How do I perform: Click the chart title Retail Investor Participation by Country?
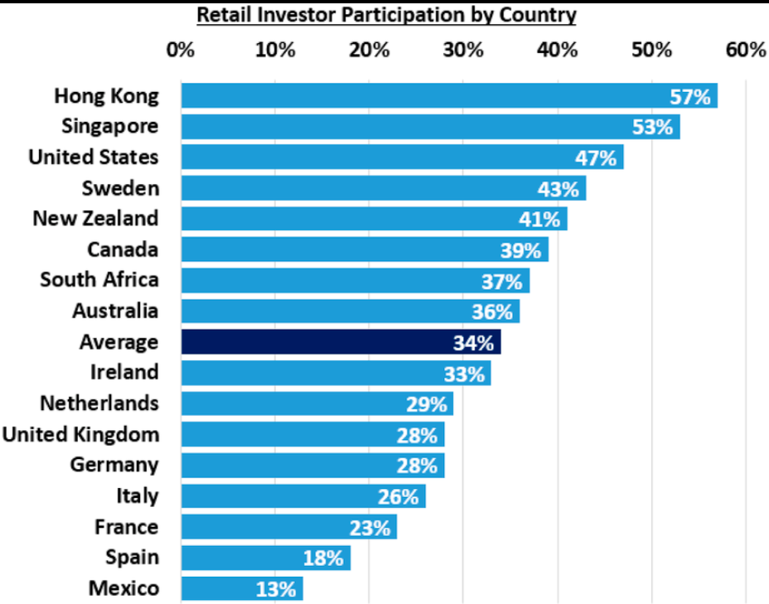385,15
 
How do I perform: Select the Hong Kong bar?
447,96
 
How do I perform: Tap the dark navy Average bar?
340,342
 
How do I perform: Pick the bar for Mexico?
241,589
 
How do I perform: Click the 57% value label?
690,97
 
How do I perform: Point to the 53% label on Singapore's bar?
652,128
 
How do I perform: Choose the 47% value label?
596,158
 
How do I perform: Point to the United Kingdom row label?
80,434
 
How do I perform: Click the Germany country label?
114,465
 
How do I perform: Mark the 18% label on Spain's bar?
322,558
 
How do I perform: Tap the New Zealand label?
95,219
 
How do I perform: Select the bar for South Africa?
355,281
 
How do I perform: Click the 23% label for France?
369,527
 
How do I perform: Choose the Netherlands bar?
317,404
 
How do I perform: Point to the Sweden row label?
120,188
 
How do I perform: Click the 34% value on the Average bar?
473,342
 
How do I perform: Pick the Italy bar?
302,496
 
